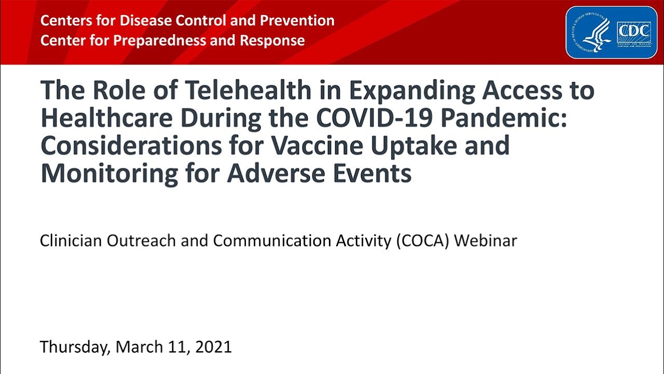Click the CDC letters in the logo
pos(633,32)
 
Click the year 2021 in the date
pos(213,346)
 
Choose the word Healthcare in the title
pos(106,118)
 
